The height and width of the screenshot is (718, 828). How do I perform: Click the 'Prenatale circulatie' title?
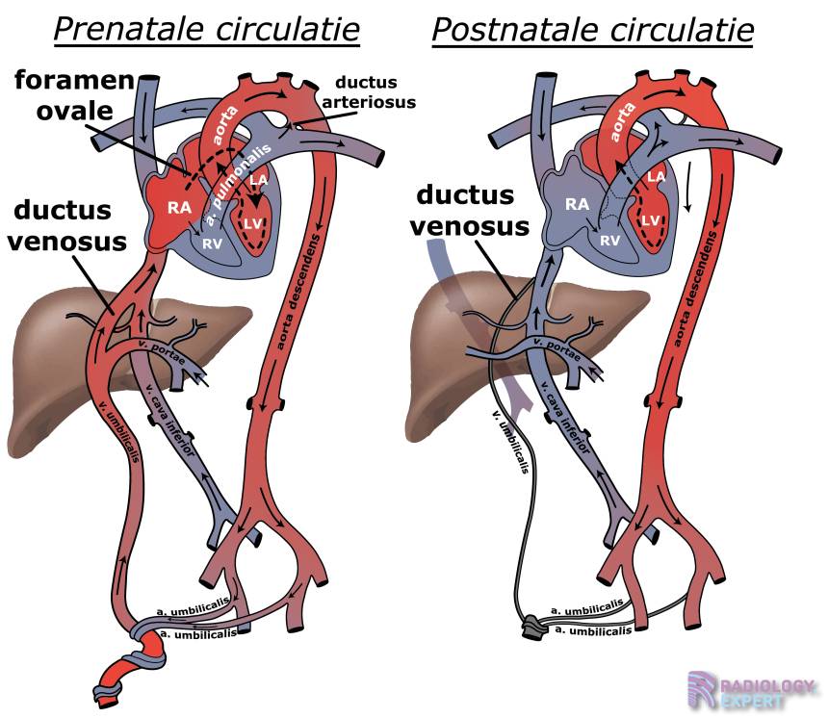(206, 30)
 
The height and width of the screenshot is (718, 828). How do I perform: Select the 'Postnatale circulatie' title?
(592, 30)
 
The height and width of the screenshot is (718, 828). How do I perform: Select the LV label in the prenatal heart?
(253, 224)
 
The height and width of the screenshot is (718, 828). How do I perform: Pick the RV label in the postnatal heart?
(609, 241)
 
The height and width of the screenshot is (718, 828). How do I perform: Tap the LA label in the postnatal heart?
(656, 175)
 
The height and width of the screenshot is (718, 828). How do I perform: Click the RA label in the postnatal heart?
(577, 203)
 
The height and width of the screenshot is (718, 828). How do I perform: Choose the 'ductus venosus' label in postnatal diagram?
(473, 212)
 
